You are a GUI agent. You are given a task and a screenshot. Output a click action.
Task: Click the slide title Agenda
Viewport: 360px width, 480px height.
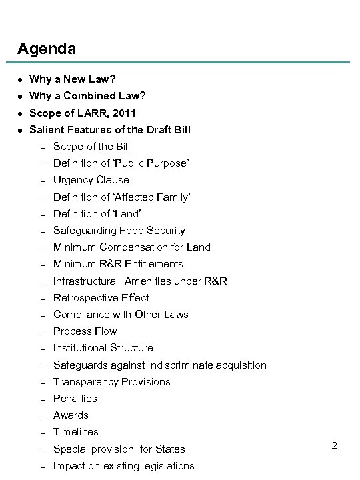coord(47,49)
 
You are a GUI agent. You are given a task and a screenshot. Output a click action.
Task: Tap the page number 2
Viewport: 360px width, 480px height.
coord(334,445)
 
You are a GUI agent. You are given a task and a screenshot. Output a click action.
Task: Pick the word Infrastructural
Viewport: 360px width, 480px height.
coord(85,281)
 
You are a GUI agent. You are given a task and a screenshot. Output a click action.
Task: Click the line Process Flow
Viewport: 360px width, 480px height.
coord(85,331)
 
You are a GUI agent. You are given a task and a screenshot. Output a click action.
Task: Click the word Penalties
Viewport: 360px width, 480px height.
coord(75,399)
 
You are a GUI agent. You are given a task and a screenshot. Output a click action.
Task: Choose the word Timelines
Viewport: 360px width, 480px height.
coord(76,432)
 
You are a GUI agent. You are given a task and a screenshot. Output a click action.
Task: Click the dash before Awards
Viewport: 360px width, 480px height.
coord(41,415)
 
